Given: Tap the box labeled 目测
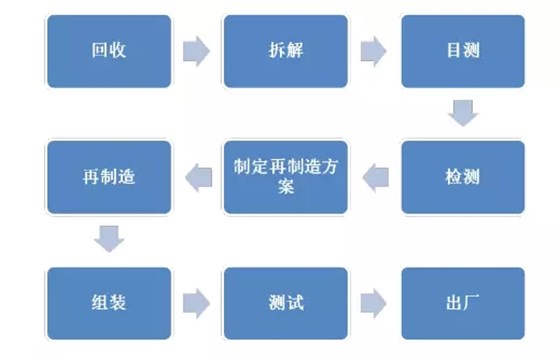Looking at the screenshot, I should [x=462, y=50].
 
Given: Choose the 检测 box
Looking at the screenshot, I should [x=462, y=177].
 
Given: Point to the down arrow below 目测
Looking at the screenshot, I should [x=462, y=112].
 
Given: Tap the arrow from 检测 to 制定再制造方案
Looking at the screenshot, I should [x=374, y=178].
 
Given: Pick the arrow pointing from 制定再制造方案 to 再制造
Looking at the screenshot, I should [x=196, y=178].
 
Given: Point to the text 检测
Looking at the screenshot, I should [x=462, y=178].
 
